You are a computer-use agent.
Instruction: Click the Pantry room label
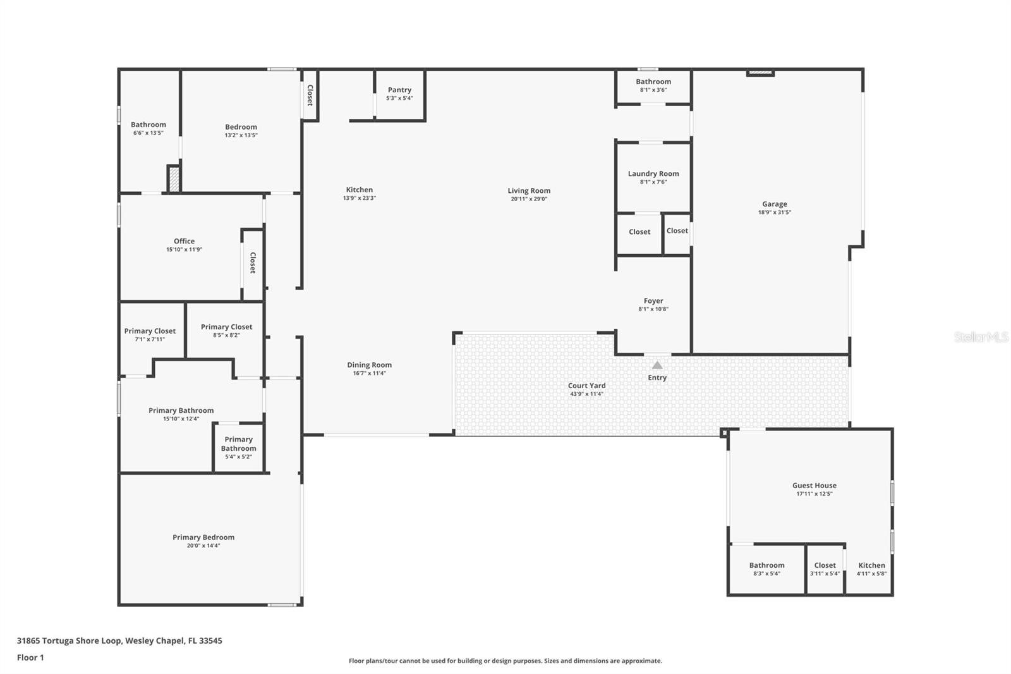pyautogui.click(x=399, y=90)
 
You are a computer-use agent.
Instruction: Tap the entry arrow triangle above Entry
pyautogui.click(x=657, y=365)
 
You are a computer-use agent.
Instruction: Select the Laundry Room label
pyautogui.click(x=653, y=173)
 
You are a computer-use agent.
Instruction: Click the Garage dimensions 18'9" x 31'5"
pyautogui.click(x=775, y=212)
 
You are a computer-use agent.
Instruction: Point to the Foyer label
pyautogui.click(x=653, y=301)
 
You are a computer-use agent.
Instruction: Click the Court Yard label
pyautogui.click(x=586, y=385)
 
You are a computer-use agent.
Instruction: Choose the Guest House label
pyautogui.click(x=814, y=486)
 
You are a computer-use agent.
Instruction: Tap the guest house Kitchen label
pyautogui.click(x=871, y=565)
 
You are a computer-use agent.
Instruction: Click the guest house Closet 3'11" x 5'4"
pyautogui.click(x=825, y=569)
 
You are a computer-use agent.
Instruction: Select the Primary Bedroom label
pyautogui.click(x=203, y=537)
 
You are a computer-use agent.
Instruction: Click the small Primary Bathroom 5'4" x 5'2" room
pyautogui.click(x=238, y=447)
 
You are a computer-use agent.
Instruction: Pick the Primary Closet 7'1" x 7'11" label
pyautogui.click(x=150, y=331)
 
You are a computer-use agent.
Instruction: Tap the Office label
pyautogui.click(x=184, y=241)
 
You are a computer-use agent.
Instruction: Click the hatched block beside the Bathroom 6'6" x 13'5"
pyautogui.click(x=174, y=178)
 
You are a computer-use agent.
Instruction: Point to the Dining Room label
pyautogui.click(x=369, y=365)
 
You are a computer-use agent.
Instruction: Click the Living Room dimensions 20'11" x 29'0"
pyautogui.click(x=529, y=199)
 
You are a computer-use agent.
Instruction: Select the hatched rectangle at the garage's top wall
pyautogui.click(x=760, y=73)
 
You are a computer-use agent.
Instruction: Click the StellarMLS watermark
pyautogui.click(x=981, y=337)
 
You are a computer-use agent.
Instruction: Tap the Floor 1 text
pyautogui.click(x=30, y=658)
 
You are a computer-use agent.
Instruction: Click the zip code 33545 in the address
pyautogui.click(x=210, y=640)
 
